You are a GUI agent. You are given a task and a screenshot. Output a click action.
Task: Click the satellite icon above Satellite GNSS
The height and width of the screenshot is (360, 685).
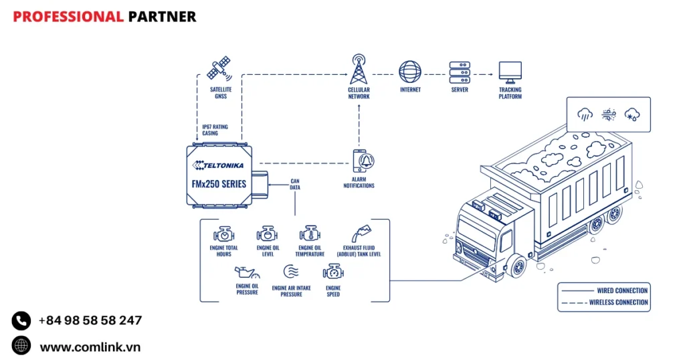pos(219,68)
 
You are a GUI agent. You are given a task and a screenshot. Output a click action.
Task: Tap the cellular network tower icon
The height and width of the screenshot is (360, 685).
pos(359,70)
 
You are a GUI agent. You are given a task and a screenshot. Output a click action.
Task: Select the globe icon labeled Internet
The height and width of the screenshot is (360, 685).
pos(410,72)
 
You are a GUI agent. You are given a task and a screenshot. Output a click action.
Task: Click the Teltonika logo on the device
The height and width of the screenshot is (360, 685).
pos(218,165)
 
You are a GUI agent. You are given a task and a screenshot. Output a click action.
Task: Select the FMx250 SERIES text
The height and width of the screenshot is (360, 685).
pos(214,183)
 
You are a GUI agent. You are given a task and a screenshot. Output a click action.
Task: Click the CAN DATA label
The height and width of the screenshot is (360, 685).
pos(295,184)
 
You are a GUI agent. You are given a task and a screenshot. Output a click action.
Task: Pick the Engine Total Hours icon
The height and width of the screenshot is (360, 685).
pos(223,234)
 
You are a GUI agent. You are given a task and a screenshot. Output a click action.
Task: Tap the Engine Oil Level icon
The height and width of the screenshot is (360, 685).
pos(267,234)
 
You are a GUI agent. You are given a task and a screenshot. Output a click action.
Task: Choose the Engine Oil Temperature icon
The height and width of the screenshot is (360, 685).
pos(310,234)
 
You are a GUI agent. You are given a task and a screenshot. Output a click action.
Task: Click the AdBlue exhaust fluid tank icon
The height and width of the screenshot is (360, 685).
pos(361,233)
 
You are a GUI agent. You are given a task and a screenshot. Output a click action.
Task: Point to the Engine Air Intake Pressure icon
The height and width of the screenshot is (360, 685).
pos(290,272)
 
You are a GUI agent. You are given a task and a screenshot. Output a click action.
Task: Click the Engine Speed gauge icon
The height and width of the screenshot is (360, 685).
pos(333,272)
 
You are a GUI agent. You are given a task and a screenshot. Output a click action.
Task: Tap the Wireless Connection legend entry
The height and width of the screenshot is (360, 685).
pos(603,302)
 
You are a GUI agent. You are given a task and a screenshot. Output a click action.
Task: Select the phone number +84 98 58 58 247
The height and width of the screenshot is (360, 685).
pos(90,321)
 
